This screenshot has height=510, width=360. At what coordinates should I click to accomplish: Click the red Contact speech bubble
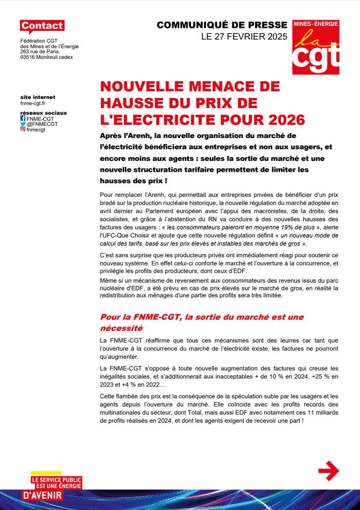42,26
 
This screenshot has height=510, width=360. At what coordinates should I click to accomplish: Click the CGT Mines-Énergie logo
316,47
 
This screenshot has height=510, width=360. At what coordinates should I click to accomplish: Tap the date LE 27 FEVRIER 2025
244,37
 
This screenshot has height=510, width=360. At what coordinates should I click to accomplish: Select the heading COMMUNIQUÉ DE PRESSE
221,25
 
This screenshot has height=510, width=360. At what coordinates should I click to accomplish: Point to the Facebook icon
23,118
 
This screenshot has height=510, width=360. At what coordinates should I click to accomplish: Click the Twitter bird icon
23,124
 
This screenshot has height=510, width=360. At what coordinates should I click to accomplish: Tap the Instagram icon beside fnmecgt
23,129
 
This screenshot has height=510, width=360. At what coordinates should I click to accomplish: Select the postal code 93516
29,57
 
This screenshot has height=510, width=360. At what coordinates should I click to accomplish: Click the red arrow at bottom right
328,470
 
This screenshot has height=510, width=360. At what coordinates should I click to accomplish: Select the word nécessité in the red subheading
121,328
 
